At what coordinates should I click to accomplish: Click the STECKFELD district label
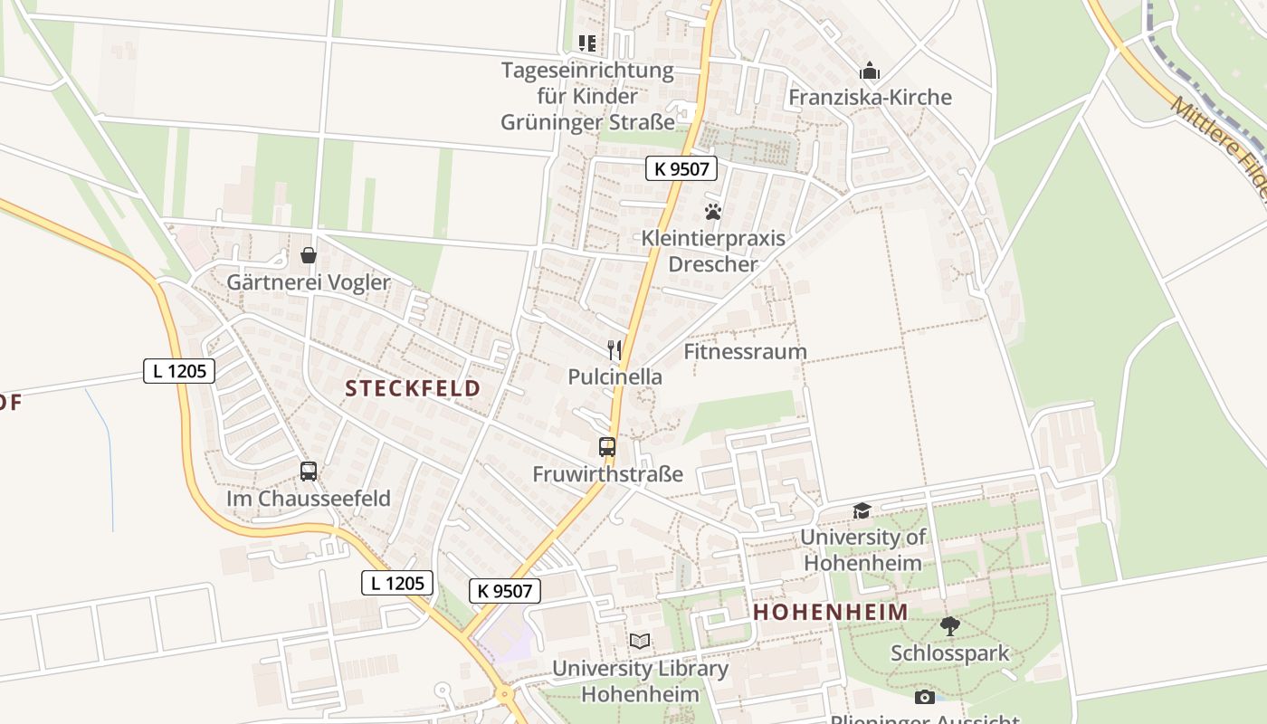pyautogui.click(x=413, y=389)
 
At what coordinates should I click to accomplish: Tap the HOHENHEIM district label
pyautogui.click(x=831, y=612)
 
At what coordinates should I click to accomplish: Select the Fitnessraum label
pyautogui.click(x=745, y=351)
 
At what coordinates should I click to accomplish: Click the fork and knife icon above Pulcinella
pyautogui.click(x=614, y=350)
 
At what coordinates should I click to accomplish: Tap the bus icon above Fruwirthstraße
pyautogui.click(x=606, y=446)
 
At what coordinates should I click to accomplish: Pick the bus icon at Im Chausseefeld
pyautogui.click(x=309, y=471)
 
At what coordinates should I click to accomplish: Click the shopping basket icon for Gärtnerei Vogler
pyautogui.click(x=309, y=255)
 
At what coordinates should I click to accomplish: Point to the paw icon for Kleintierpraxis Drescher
pyautogui.click(x=713, y=212)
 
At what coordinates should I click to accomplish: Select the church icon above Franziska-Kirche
pyautogui.click(x=870, y=71)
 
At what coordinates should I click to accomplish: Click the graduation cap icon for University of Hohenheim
pyautogui.click(x=862, y=511)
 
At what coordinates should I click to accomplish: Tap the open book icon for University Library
pyautogui.click(x=640, y=641)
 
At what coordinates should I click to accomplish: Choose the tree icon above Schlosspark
pyautogui.click(x=949, y=625)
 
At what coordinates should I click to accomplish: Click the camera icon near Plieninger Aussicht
pyautogui.click(x=924, y=697)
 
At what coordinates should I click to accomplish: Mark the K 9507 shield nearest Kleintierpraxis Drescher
pyautogui.click(x=681, y=167)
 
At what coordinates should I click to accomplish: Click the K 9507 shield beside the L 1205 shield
pyautogui.click(x=505, y=591)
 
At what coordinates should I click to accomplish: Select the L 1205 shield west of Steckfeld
pyautogui.click(x=178, y=370)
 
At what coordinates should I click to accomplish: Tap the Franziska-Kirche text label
pyautogui.click(x=870, y=97)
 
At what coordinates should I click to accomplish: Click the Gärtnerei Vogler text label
pyautogui.click(x=308, y=282)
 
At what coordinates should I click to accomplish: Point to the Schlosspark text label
pyautogui.click(x=949, y=653)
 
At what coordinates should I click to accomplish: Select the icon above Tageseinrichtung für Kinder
pyautogui.click(x=587, y=43)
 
